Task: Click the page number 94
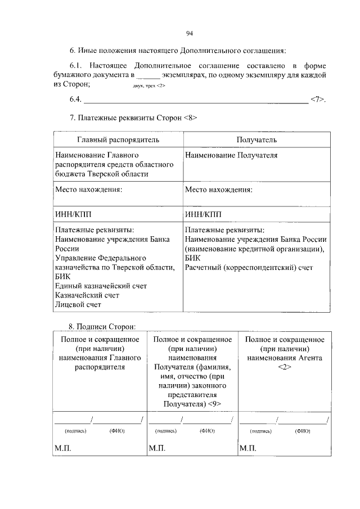[x=190, y=33]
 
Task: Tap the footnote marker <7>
[x=317, y=100]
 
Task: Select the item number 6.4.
[x=75, y=100]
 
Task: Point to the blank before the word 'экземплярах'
[x=148, y=75]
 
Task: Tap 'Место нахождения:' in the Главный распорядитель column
[x=88, y=190]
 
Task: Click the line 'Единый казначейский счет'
[x=97, y=286]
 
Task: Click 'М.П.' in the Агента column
[x=247, y=448]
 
